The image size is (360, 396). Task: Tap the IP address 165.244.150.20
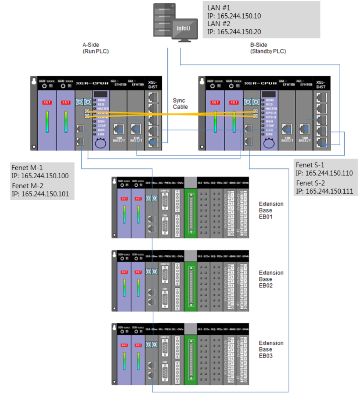coord(234,31)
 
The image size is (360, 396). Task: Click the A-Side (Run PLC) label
coord(95,48)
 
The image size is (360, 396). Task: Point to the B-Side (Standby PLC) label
coord(267,48)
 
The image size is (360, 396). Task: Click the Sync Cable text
coord(180,103)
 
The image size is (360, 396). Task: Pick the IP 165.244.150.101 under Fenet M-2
coord(40,194)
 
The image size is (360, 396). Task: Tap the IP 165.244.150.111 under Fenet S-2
coord(324,191)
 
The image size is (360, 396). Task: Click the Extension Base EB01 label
coord(271,210)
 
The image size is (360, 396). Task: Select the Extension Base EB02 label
coord(271,279)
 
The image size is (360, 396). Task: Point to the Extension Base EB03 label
coord(271,349)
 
